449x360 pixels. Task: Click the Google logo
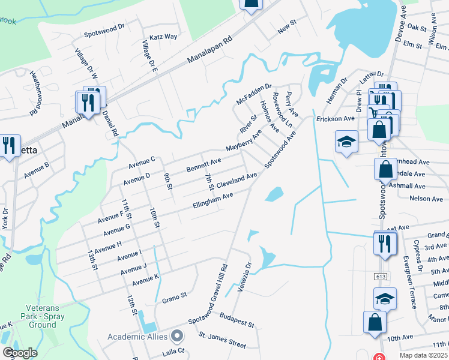[x=19, y=353]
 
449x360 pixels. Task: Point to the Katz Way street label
[x=163, y=37]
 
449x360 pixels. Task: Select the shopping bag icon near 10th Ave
[x=375, y=322]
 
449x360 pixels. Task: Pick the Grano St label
[x=175, y=295]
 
